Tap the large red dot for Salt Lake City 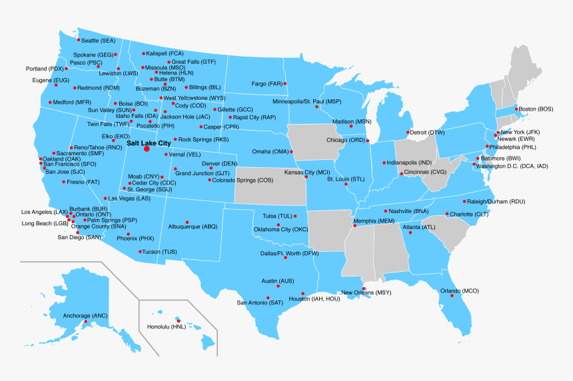pos(147,149)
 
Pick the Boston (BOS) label pos(536,109)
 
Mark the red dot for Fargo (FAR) pos(285,83)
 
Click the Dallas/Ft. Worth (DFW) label pos(290,254)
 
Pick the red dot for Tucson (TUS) pos(141,252)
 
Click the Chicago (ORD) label pos(346,141)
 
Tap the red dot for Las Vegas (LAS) pos(105,198)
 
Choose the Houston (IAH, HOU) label pos(314,299)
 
